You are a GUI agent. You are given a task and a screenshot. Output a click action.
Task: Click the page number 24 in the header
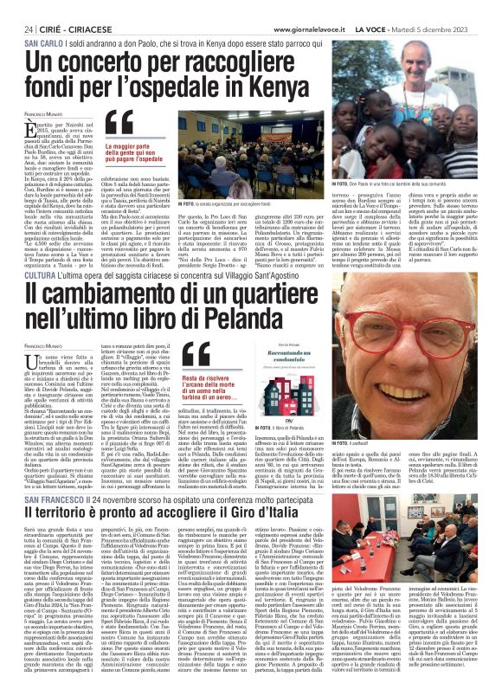point(17,8)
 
